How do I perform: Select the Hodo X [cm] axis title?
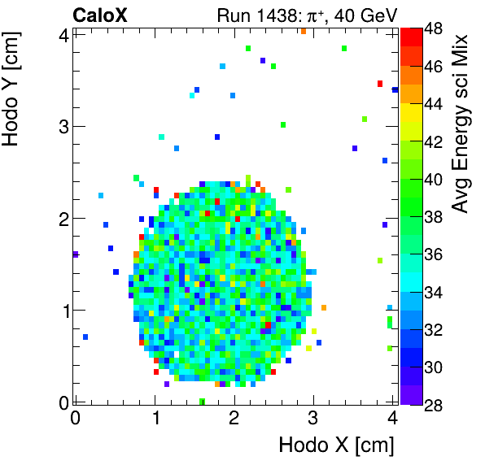click(336, 445)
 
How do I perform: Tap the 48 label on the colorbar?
click(433, 28)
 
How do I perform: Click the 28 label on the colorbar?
click(433, 404)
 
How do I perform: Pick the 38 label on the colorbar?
click(433, 216)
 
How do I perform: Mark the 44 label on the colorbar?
click(433, 104)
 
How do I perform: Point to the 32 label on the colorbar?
click(433, 329)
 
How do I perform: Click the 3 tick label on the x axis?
click(312, 419)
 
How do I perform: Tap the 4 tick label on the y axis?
click(63, 34)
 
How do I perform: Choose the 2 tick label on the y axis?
click(63, 218)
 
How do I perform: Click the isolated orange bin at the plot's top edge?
click(303, 31)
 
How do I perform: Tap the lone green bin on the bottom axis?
click(202, 401)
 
